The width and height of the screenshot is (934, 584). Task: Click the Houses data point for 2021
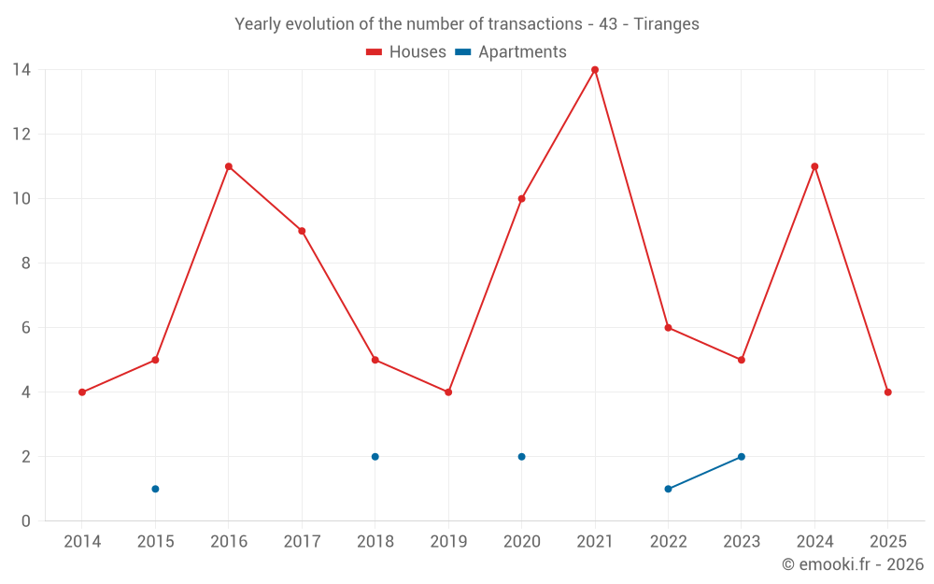(x=595, y=70)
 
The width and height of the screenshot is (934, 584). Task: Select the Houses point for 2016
(x=229, y=166)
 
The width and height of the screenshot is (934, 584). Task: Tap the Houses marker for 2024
(x=814, y=166)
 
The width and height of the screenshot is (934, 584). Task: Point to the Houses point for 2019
(x=448, y=392)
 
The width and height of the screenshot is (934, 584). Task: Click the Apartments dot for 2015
(x=155, y=489)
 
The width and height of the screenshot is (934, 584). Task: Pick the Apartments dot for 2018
(x=375, y=457)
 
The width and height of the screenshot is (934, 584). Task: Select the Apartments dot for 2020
(x=521, y=457)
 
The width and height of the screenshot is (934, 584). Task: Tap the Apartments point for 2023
(x=742, y=457)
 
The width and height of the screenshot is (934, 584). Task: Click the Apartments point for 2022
(x=668, y=489)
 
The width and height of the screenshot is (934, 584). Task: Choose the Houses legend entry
(x=406, y=52)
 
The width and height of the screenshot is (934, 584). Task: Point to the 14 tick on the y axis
(x=21, y=69)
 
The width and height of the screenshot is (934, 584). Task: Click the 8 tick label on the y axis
(x=25, y=264)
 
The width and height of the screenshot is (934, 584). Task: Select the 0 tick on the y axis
(x=25, y=521)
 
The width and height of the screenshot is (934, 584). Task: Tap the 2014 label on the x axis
(x=82, y=542)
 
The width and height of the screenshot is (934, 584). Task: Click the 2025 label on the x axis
(x=887, y=542)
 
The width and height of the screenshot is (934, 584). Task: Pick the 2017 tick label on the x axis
(x=302, y=542)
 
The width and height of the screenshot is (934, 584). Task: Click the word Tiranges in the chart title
(x=666, y=24)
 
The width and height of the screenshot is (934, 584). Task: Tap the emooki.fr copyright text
(x=852, y=564)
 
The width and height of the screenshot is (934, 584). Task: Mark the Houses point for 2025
(x=887, y=392)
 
